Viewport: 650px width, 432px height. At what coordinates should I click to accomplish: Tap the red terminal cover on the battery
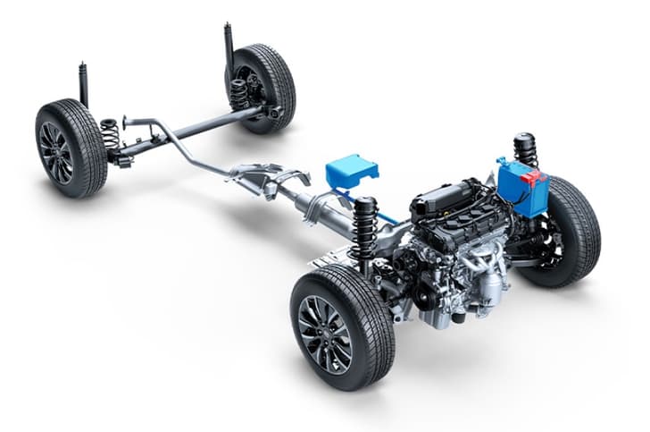click(534, 177)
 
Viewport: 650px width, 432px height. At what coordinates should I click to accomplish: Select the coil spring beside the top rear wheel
click(238, 93)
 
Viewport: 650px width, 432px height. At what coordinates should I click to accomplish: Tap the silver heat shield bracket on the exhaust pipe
click(259, 174)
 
